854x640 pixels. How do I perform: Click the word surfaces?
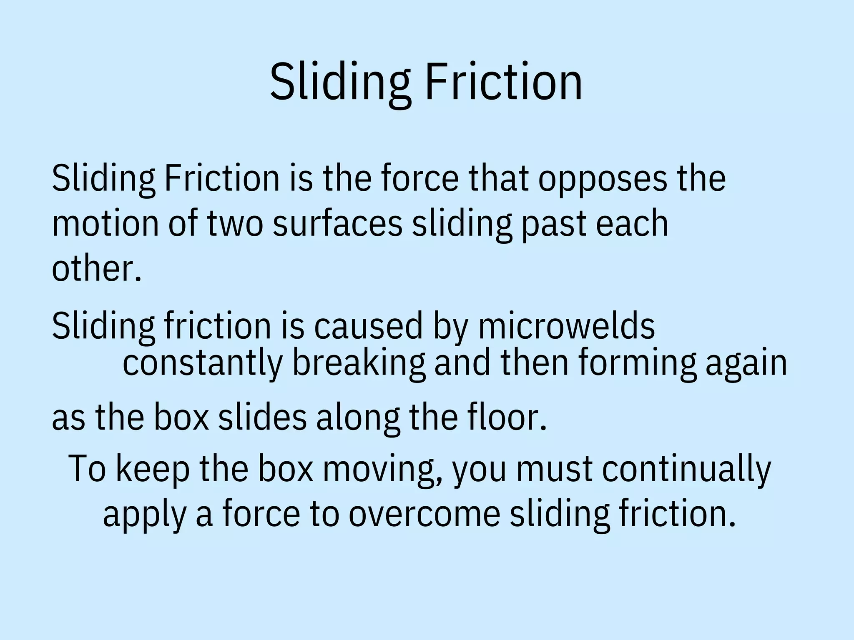pos(337,223)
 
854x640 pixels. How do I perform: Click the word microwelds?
pos(566,326)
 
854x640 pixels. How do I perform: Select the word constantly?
pos(203,362)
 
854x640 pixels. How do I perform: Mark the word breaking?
pos(359,362)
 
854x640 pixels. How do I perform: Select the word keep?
pos(152,469)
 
